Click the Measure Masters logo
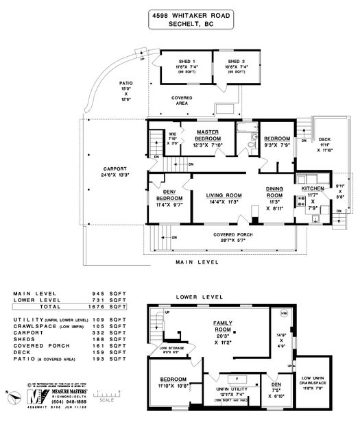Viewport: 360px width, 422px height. pyautogui.click(x=33, y=397)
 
